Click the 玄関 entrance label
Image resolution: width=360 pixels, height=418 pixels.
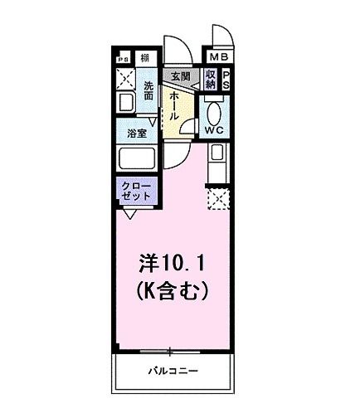[x=180, y=75]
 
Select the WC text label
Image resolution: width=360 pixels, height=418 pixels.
[x=212, y=130]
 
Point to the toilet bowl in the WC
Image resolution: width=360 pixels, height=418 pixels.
[x=213, y=111]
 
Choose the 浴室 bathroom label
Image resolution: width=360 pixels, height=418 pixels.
[x=137, y=132]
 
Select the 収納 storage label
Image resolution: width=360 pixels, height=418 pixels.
[x=211, y=80]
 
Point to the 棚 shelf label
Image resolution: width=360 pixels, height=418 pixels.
[x=145, y=57]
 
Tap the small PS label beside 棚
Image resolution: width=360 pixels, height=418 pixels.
[x=124, y=59]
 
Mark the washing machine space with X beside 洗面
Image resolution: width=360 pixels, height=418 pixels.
[x=127, y=80]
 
